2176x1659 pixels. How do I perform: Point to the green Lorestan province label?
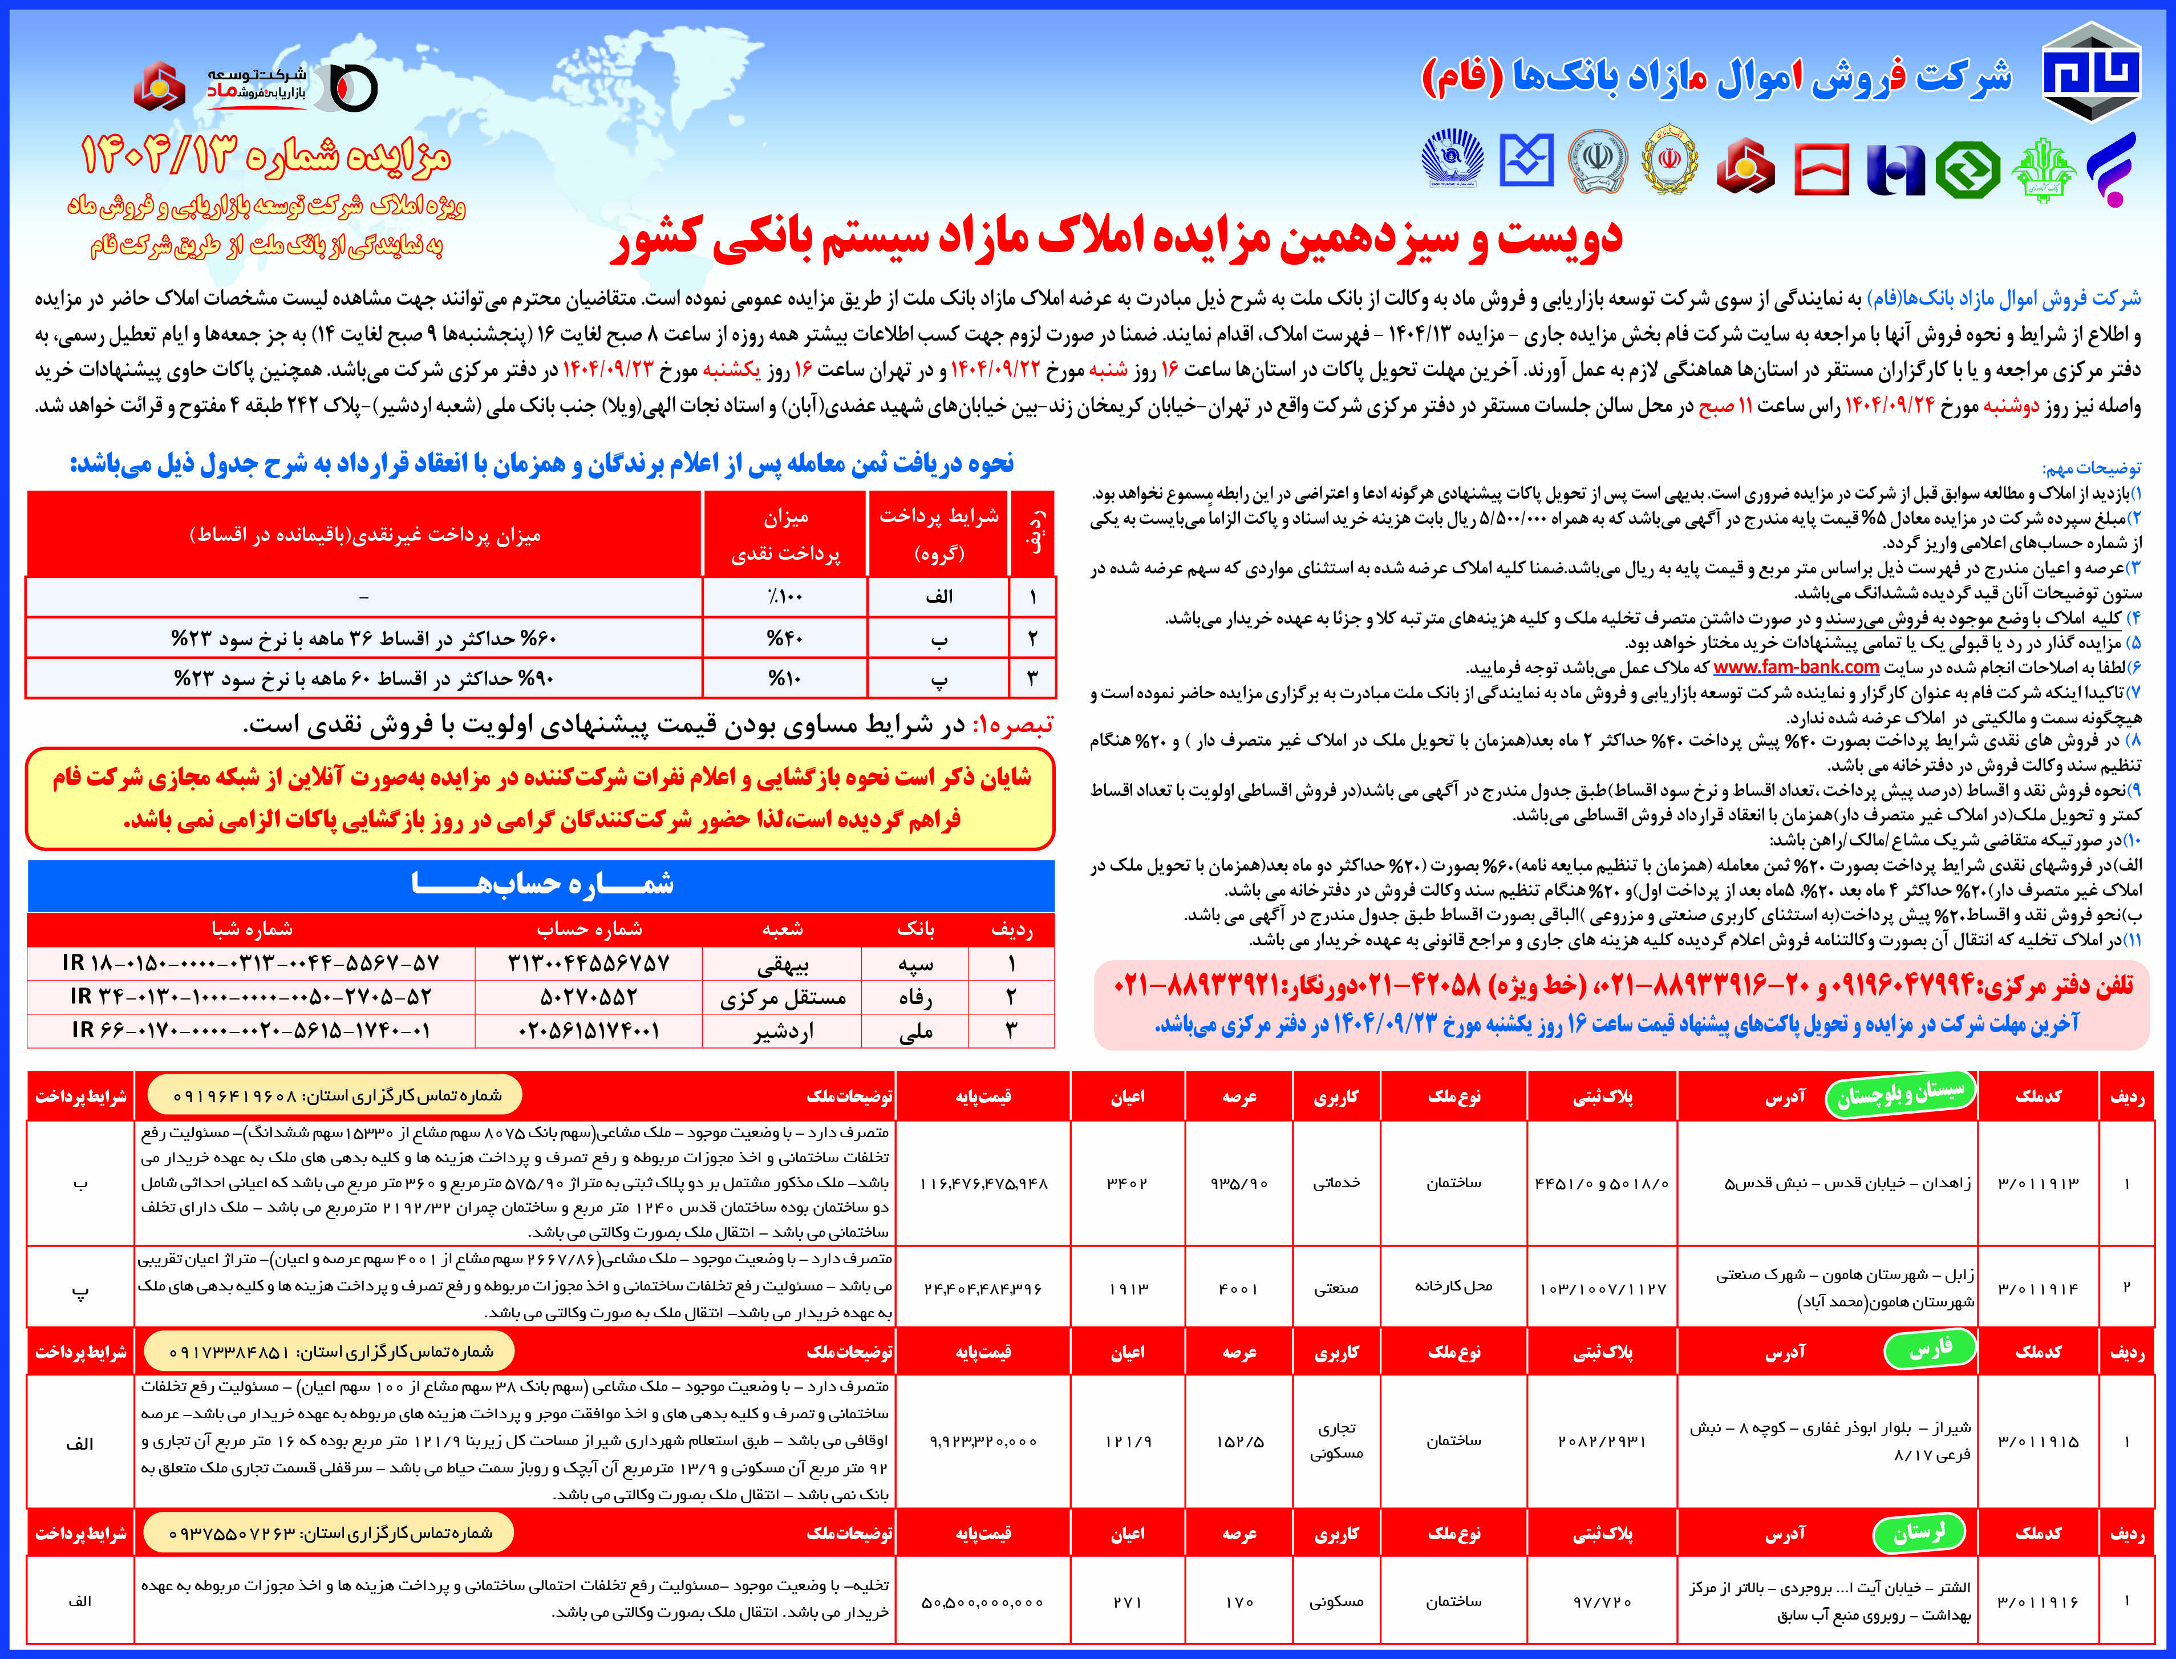[1918, 1532]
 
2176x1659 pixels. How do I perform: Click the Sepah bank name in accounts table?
[915, 963]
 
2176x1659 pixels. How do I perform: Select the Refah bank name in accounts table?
[915, 997]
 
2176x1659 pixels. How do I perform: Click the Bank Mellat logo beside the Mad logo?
[160, 87]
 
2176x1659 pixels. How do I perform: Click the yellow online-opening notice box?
[541, 799]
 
